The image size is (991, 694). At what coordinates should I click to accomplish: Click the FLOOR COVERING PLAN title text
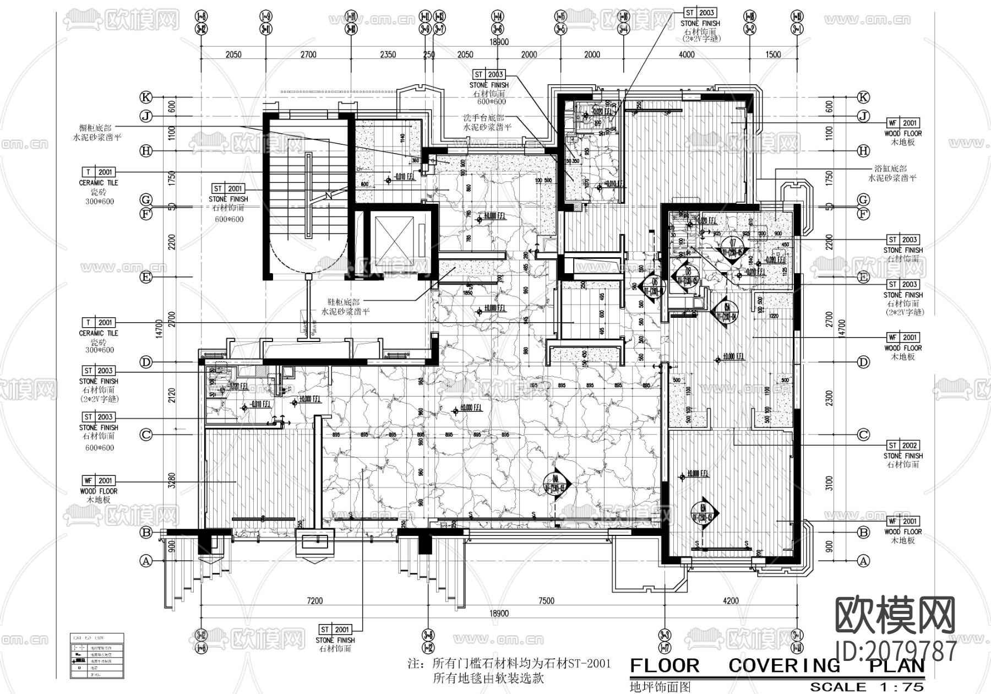click(x=777, y=665)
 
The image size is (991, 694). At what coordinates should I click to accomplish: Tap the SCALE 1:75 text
click(x=868, y=687)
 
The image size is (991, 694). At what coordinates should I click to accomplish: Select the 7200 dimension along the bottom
click(x=315, y=601)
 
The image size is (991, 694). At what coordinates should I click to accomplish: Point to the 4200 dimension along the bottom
click(x=731, y=601)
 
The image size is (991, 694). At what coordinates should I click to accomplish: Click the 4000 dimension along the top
click(x=687, y=55)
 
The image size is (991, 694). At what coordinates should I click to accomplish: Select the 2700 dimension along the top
click(x=308, y=55)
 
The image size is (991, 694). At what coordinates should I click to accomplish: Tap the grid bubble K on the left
click(x=145, y=97)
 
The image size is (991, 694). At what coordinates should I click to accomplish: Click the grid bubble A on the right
click(x=863, y=561)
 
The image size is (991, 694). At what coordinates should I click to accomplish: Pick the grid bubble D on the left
click(x=145, y=362)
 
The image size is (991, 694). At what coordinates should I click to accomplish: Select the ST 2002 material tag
click(x=903, y=445)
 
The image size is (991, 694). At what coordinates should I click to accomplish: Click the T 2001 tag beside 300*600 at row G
click(x=99, y=172)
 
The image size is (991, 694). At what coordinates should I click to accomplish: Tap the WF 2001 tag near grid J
click(x=903, y=123)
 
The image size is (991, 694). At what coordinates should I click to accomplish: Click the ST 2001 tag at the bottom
click(x=335, y=630)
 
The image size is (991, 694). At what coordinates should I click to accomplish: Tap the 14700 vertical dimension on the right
click(x=840, y=329)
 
